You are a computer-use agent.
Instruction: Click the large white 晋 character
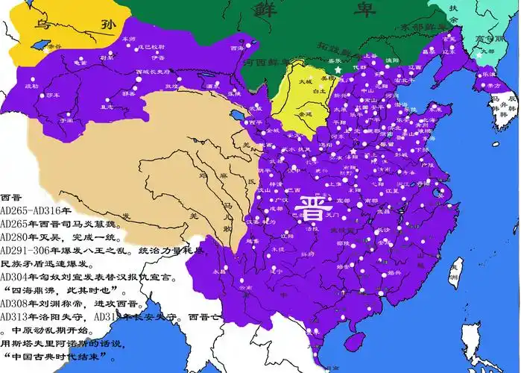[x=312, y=205]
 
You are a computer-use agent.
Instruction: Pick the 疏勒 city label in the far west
[x=31, y=87]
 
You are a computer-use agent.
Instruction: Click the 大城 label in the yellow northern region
[x=306, y=81]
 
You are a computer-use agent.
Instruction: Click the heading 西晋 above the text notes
[x=12, y=198]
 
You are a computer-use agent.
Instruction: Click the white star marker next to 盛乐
[x=338, y=69]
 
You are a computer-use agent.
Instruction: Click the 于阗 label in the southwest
[x=65, y=119]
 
